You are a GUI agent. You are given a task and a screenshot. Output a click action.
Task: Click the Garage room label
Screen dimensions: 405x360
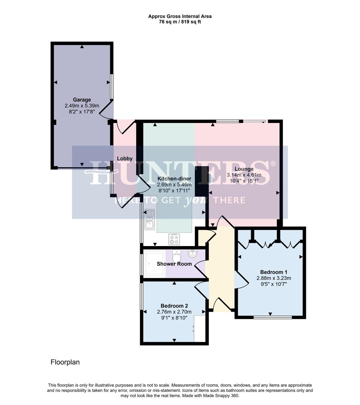click(82, 100)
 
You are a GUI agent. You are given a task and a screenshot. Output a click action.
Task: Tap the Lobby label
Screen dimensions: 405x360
click(125, 159)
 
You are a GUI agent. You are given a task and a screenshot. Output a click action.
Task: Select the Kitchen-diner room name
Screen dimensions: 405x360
click(174, 178)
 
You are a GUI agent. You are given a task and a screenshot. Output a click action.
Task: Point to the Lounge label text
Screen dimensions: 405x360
click(244, 169)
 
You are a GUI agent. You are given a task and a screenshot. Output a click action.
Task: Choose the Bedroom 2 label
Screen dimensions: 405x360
click(174, 306)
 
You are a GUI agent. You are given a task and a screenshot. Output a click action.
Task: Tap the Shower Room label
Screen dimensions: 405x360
click(174, 264)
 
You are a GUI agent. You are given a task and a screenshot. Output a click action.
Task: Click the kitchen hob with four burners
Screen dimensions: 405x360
click(174, 239)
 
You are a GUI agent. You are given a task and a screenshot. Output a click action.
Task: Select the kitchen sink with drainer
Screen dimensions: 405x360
click(149, 219)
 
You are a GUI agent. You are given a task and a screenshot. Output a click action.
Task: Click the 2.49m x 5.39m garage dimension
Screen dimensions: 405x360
click(82, 106)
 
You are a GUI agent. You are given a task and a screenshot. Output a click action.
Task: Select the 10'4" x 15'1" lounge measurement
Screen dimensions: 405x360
click(244, 181)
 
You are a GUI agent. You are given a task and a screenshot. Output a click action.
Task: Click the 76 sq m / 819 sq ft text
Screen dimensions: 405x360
click(180, 22)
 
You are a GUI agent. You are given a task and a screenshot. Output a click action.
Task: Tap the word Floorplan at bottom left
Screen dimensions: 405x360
click(65, 362)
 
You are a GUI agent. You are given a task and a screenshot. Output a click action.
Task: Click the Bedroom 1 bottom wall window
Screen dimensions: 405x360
click(273, 318)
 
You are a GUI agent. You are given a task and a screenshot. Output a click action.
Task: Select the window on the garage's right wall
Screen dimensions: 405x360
click(111, 87)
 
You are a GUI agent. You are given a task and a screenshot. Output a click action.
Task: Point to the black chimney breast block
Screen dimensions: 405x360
click(199, 181)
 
